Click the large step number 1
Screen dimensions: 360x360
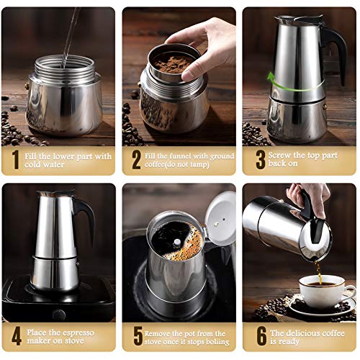pyautogui.click(x=16, y=160)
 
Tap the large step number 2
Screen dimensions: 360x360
pyautogui.click(x=136, y=160)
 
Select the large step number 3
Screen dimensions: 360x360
pyautogui.click(x=261, y=160)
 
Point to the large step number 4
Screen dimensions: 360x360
pyautogui.click(x=17, y=336)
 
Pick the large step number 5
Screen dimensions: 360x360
pyautogui.click(x=138, y=336)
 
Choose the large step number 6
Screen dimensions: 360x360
pyautogui.click(x=261, y=336)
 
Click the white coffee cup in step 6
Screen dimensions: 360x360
pyautogui.click(x=325, y=291)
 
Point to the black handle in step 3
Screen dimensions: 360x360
pyautogui.click(x=336, y=52)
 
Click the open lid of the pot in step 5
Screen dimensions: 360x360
pyautogui.click(x=220, y=218)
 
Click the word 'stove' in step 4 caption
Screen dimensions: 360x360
pyautogui.click(x=74, y=341)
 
